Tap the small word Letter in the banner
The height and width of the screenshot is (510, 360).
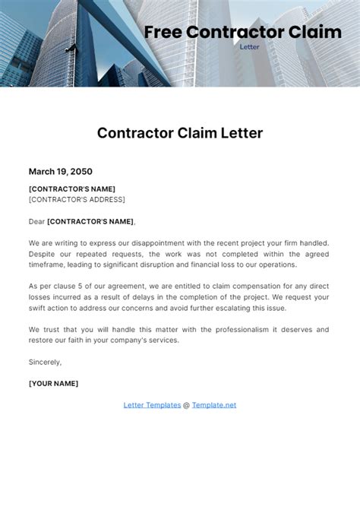[x=249, y=46]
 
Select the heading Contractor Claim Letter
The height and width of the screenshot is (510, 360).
[x=180, y=133]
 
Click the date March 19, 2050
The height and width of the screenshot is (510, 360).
[x=61, y=172]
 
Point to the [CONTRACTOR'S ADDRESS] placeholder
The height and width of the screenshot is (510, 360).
[x=77, y=199]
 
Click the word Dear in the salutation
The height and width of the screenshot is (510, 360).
[x=36, y=221]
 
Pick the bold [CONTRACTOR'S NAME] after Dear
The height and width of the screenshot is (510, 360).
[x=90, y=221]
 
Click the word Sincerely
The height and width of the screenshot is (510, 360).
[x=45, y=362]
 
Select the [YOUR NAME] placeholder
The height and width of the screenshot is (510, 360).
[x=53, y=383]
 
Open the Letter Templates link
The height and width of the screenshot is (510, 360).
[x=152, y=405]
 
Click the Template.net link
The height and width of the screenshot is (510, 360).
[x=214, y=405]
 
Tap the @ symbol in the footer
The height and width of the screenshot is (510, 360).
[x=187, y=405]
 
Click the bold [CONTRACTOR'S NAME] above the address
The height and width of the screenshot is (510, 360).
[x=72, y=188]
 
